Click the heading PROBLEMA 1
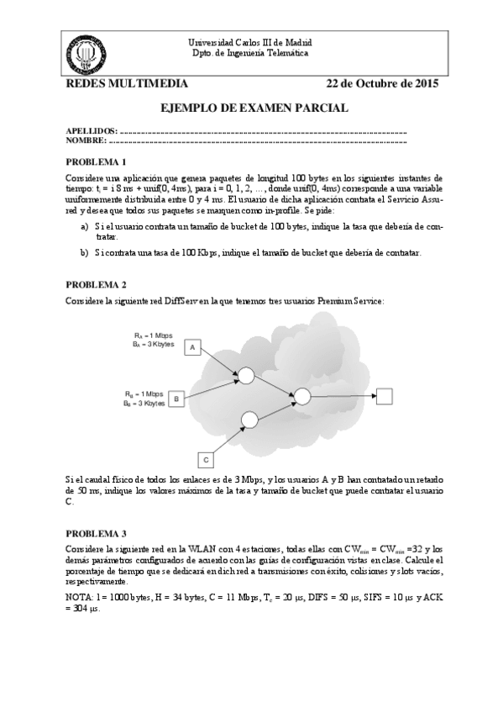click(95, 161)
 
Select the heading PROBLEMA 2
click(95, 285)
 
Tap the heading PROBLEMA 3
click(95, 533)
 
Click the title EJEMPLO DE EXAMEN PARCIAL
click(253, 108)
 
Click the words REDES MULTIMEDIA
click(121, 85)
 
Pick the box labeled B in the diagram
click(176, 398)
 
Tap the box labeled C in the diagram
click(206, 459)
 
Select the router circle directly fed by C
click(249, 418)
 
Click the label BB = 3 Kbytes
click(144, 404)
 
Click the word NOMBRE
click(86, 141)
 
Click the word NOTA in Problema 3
click(78, 596)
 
